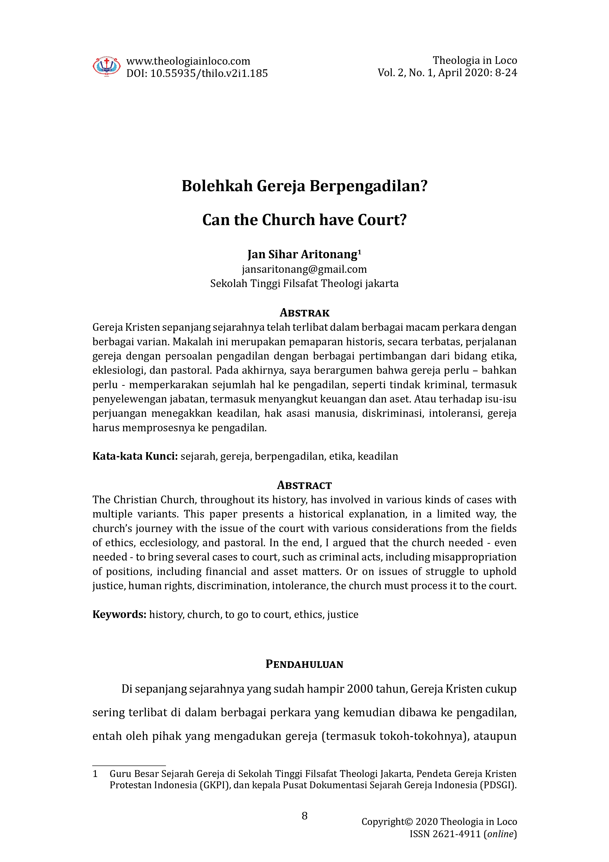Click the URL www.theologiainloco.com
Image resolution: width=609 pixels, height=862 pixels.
click(188, 61)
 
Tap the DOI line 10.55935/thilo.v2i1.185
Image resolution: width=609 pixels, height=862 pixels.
click(209, 73)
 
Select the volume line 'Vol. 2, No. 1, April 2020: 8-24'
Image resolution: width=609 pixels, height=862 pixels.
click(447, 72)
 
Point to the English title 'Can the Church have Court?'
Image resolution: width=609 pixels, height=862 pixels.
click(304, 220)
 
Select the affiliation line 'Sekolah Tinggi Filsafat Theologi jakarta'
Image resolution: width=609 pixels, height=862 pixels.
click(304, 284)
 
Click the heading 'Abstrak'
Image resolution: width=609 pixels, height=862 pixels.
click(304, 313)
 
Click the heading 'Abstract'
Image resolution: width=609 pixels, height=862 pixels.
click(304, 486)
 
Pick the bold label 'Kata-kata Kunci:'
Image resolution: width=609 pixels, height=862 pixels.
click(135, 456)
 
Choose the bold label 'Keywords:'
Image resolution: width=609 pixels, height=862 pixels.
click(119, 614)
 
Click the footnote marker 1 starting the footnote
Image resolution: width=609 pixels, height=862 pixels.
click(95, 774)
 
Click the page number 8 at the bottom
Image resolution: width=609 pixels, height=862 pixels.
click(304, 816)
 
